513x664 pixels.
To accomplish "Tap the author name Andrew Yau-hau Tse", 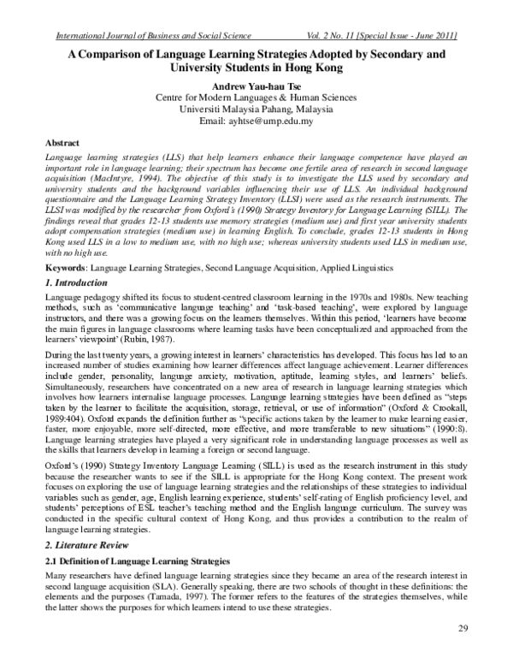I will (256, 86).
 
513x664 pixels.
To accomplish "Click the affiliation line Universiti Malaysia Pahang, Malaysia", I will (256, 110).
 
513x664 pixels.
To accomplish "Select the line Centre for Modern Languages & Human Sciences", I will (256, 98).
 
